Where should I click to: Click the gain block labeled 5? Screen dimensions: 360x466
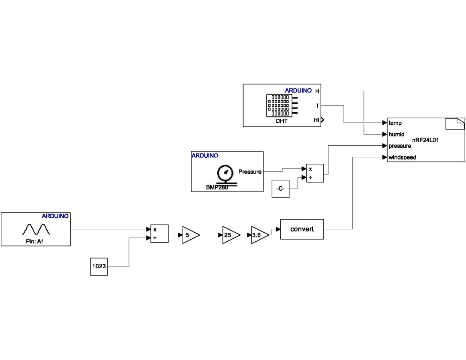click(x=189, y=235)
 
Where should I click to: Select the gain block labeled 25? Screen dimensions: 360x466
click(x=230, y=235)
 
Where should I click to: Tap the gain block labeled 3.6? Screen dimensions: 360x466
click(x=259, y=235)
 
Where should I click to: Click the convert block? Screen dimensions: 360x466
click(x=302, y=229)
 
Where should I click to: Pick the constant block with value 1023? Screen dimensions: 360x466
click(x=99, y=266)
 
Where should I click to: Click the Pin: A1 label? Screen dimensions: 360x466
click(x=36, y=241)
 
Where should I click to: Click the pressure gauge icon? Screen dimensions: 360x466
click(x=224, y=174)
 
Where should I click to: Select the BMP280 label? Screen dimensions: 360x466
click(x=217, y=187)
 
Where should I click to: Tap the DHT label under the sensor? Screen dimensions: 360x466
click(x=281, y=121)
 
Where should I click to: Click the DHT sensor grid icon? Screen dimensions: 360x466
click(x=279, y=105)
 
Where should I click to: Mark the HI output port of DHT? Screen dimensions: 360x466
click(x=317, y=120)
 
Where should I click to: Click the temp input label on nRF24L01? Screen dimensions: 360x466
click(x=395, y=123)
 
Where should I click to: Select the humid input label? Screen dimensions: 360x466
click(x=397, y=134)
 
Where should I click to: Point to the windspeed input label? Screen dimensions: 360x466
click(x=402, y=157)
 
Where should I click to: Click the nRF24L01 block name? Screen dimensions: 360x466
click(x=425, y=140)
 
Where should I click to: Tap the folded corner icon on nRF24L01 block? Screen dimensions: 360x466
click(x=455, y=123)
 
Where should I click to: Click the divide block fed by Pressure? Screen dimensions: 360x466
click(x=315, y=173)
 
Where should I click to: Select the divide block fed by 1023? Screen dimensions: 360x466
click(x=159, y=234)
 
